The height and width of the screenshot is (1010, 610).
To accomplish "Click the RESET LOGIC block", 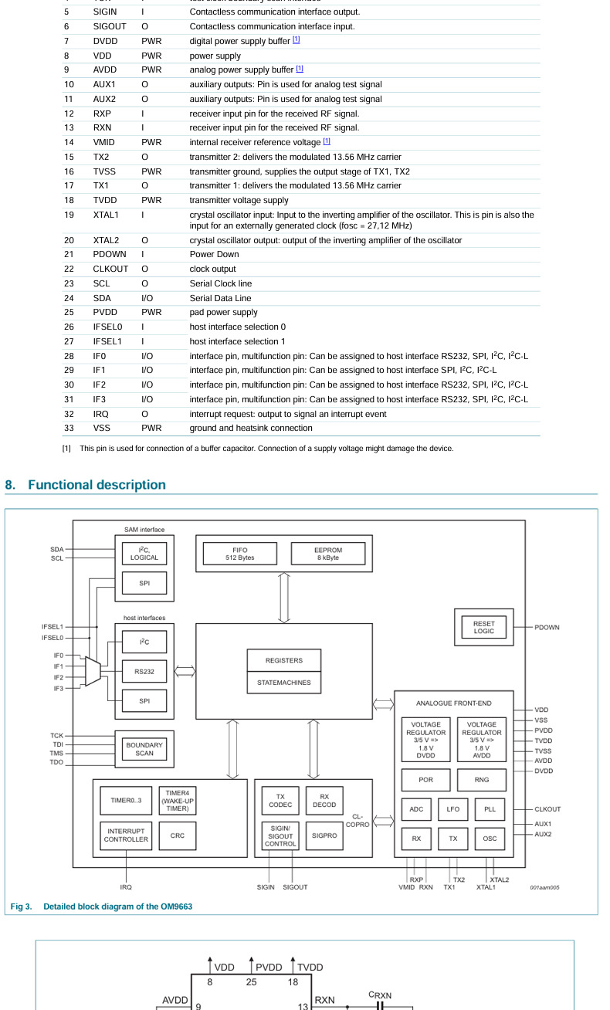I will (484, 626).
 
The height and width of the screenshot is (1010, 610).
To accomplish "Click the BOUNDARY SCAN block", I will (144, 749).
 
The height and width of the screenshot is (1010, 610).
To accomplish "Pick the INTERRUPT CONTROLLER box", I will (126, 835).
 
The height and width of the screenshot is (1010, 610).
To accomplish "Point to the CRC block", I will (178, 835).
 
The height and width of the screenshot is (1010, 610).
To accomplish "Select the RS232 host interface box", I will (144, 672).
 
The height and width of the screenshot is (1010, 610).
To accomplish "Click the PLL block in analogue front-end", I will (490, 808).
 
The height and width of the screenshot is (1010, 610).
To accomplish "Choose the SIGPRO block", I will (324, 835).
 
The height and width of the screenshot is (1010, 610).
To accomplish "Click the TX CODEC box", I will (280, 800).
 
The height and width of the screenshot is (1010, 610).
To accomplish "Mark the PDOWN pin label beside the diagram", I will (547, 627).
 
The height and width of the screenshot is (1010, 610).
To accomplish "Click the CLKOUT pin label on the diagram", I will (547, 809).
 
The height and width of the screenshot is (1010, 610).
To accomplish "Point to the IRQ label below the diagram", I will (126, 887).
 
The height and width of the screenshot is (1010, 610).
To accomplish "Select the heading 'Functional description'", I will (97, 485).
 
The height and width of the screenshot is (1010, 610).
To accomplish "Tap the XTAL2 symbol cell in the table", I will (106, 240).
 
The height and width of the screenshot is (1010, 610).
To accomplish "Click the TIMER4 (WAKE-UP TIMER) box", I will (177, 800).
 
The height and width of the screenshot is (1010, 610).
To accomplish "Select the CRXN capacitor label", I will (380, 995).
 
